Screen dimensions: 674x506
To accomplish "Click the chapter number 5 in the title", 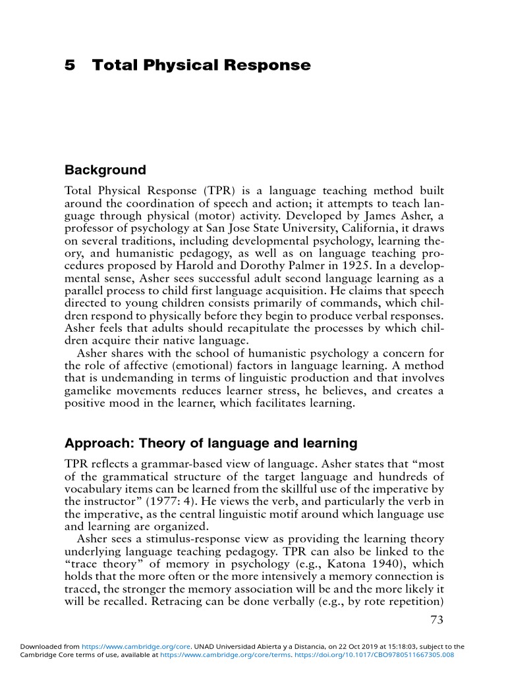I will coord(69,65).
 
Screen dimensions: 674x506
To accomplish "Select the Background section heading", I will coord(105,170).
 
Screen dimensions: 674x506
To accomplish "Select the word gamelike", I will coord(91,391).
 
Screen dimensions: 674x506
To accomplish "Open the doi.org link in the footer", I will coord(393,655).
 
